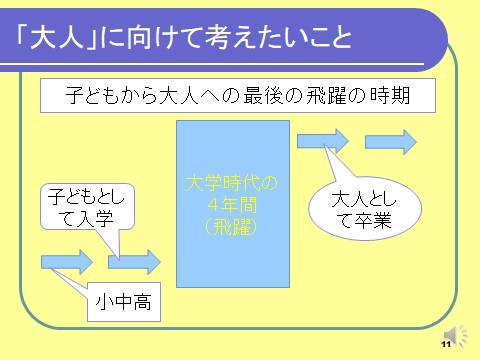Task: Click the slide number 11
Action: (x=446, y=344)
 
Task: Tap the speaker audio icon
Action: (x=455, y=335)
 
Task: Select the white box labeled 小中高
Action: (x=124, y=302)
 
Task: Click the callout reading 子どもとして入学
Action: (x=88, y=207)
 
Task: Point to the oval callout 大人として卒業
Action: (x=365, y=209)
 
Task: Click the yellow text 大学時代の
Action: (x=232, y=183)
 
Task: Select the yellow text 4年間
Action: (x=232, y=205)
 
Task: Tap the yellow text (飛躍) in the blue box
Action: (x=232, y=227)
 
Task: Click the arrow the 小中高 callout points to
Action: (x=67, y=262)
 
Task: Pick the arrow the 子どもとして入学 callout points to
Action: (x=134, y=262)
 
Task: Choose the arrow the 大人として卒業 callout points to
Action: (x=323, y=141)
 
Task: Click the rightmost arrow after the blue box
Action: (x=391, y=142)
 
